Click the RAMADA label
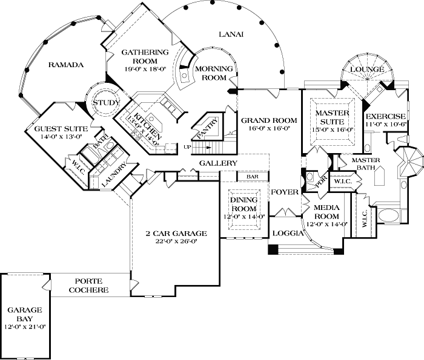click(x=65, y=64)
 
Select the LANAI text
click(x=231, y=34)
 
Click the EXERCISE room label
click(x=385, y=116)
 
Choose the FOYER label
click(x=285, y=192)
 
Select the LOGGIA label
click(x=286, y=232)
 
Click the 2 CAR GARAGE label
click(x=177, y=233)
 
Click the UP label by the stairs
click(x=187, y=146)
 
